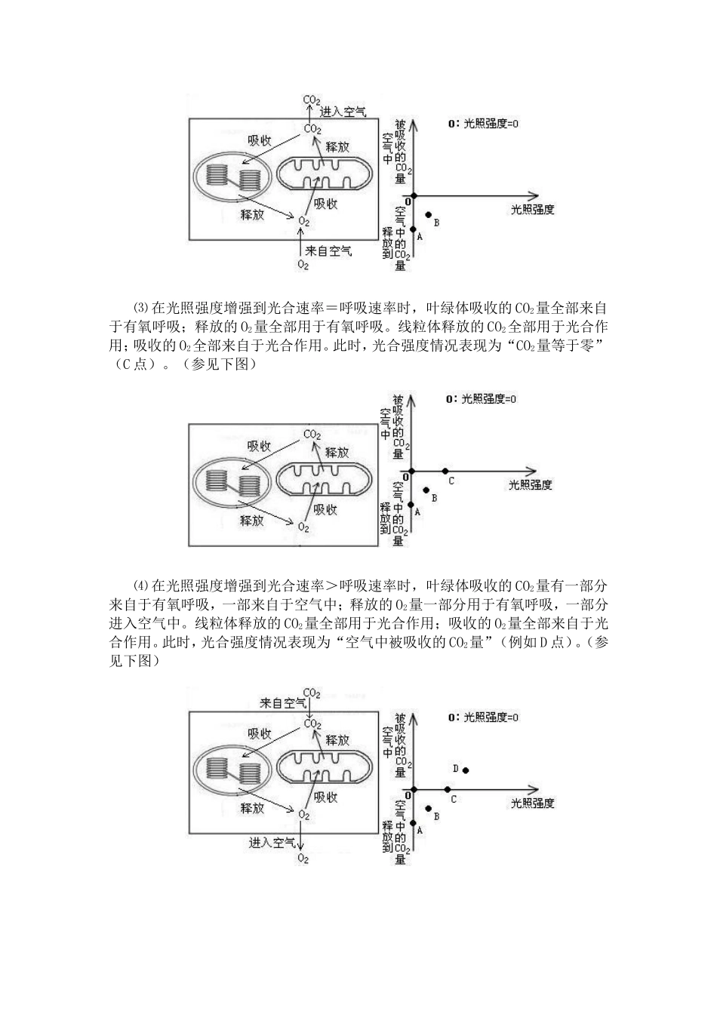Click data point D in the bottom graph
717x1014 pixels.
click(465, 770)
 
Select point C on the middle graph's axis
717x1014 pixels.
click(445, 472)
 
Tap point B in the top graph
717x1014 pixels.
click(429, 214)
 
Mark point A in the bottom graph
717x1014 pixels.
click(413, 822)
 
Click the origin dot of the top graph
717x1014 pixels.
click(414, 195)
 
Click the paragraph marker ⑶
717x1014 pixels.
click(141, 309)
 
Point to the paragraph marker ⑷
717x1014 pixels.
click(141, 585)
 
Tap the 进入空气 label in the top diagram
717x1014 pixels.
click(343, 112)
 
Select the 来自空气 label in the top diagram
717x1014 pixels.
click(328, 250)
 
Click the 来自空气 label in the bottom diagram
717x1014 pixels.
click(283, 703)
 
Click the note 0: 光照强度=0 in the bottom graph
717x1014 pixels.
click(483, 717)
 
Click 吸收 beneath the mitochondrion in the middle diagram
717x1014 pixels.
click(325, 510)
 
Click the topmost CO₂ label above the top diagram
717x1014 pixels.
click(312, 100)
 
